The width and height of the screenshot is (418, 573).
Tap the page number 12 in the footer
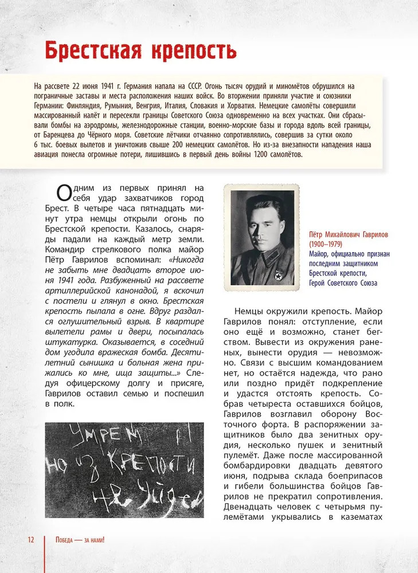(30, 540)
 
